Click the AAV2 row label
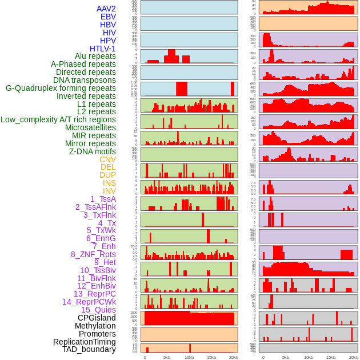(x=106, y=9)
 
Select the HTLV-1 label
(x=102, y=49)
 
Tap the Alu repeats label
(x=95, y=56)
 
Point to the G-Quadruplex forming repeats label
(x=61, y=88)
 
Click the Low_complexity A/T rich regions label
(x=58, y=119)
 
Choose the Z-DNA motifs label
(x=92, y=151)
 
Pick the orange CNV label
(x=107, y=159)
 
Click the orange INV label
(x=109, y=191)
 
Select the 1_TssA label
(x=103, y=199)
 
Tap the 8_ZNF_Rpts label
(x=93, y=254)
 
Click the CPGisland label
(x=97, y=318)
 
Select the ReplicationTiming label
(x=84, y=342)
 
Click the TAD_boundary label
(x=89, y=349)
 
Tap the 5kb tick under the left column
(x=167, y=357)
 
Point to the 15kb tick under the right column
(x=330, y=357)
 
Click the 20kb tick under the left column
(x=233, y=357)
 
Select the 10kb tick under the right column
(x=308, y=357)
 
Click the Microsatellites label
(x=90, y=127)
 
